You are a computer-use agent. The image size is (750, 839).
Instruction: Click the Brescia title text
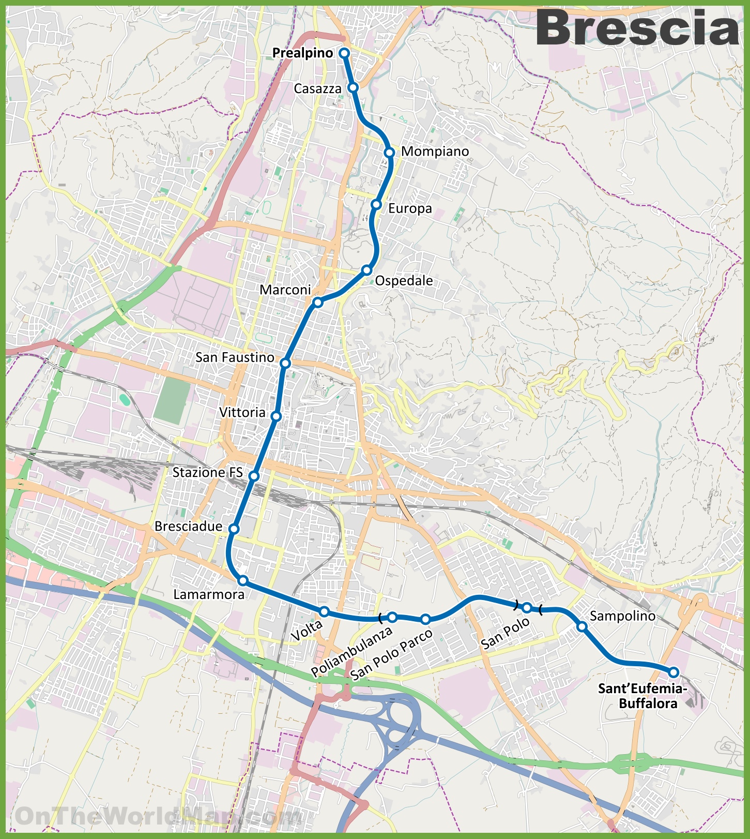click(637, 28)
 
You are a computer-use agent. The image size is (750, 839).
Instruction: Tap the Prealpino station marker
click(344, 53)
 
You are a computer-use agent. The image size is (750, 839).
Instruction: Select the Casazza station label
click(317, 89)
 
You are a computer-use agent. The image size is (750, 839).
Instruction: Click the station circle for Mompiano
click(390, 152)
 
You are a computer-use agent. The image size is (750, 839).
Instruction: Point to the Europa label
click(410, 208)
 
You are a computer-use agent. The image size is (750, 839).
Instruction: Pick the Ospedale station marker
click(366, 270)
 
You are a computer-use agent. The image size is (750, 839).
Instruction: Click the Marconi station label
click(285, 290)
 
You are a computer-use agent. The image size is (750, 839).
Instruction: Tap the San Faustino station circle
click(285, 363)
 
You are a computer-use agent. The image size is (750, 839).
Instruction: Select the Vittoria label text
click(242, 412)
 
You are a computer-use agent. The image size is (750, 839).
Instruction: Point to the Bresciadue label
click(188, 527)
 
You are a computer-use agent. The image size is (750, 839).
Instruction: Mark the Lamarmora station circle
click(243, 580)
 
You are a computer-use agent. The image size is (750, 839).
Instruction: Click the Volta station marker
click(324, 611)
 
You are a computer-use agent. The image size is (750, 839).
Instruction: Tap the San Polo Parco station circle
click(425, 619)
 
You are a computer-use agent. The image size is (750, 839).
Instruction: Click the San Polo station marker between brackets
click(527, 607)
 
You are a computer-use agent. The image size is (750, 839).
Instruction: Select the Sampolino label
click(622, 616)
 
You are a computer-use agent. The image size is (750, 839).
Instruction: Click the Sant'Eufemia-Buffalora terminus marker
click(674, 672)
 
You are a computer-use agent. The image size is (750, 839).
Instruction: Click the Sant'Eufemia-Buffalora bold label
click(642, 696)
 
